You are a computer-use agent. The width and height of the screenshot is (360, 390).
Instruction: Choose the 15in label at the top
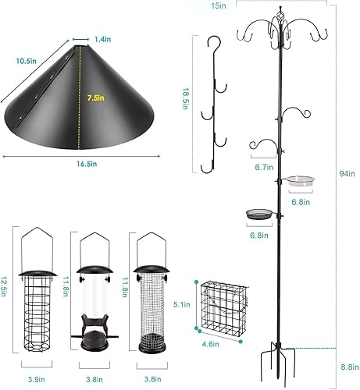219,5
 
